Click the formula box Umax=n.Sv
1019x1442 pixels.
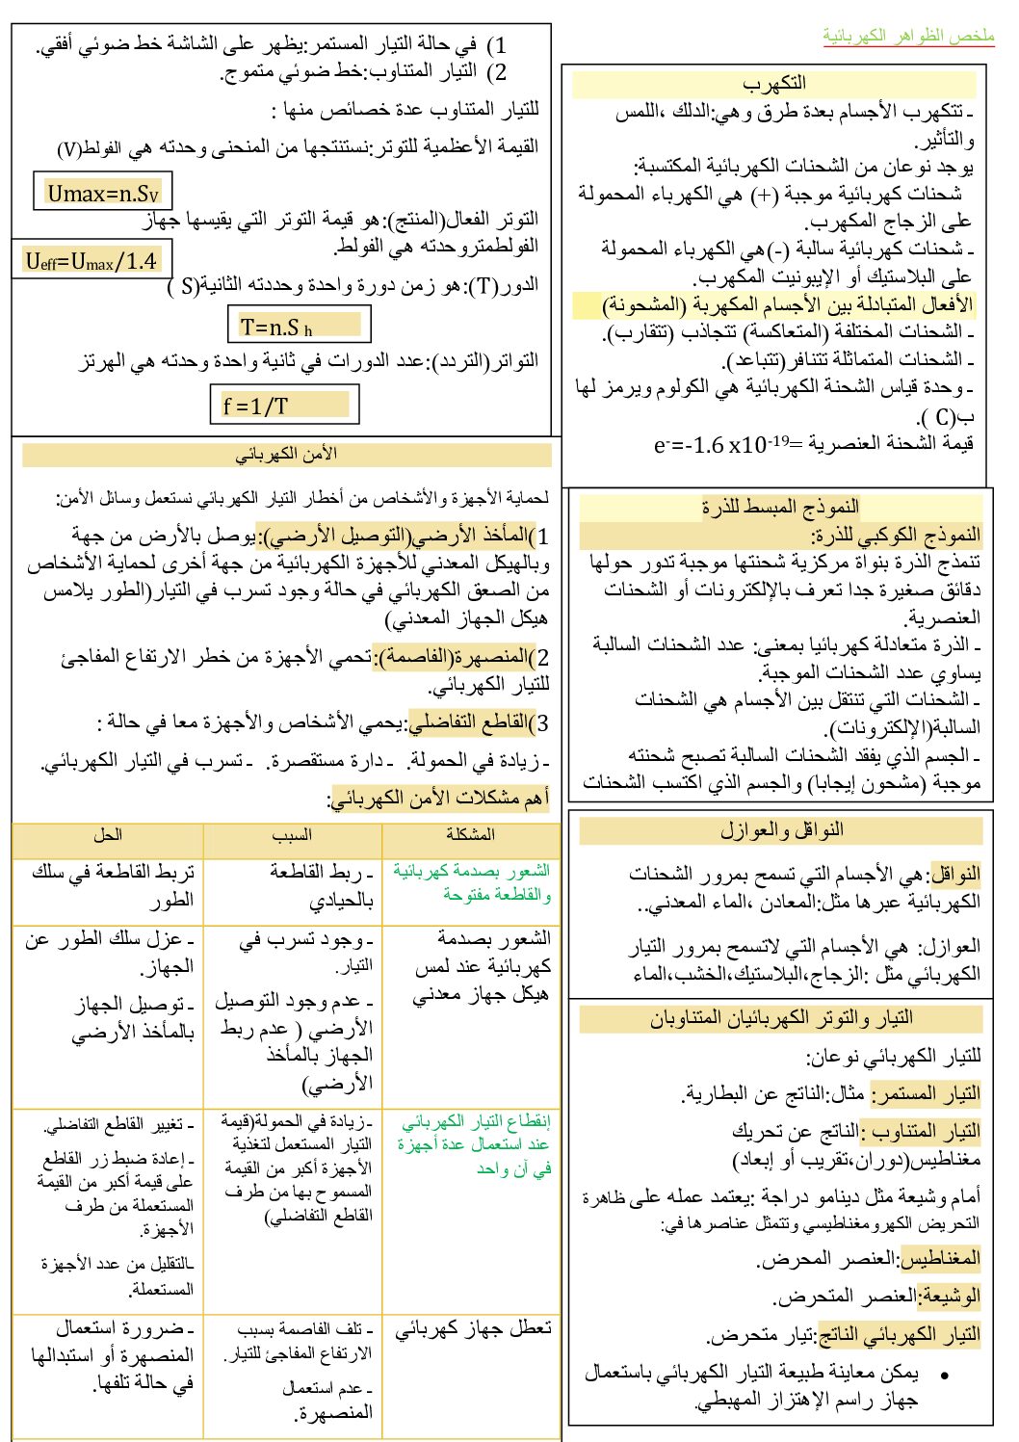pyautogui.click(x=103, y=193)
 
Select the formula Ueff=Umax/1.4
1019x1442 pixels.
pyautogui.click(x=91, y=260)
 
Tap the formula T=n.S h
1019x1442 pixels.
pyautogui.click(x=277, y=327)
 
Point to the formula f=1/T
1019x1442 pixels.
pyautogui.click(x=256, y=406)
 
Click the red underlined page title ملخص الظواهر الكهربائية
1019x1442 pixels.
pyautogui.click(x=908, y=36)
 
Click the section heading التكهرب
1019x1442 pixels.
pyautogui.click(x=774, y=83)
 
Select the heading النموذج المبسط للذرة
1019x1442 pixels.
pyautogui.click(x=780, y=507)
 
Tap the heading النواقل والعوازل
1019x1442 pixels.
pyautogui.click(x=781, y=829)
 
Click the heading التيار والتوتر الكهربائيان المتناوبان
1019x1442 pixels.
pyautogui.click(x=781, y=1018)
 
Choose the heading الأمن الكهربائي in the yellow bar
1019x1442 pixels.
pyautogui.click(x=287, y=454)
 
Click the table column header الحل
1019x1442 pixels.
pyautogui.click(x=108, y=834)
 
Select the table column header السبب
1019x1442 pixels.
pyautogui.click(x=292, y=834)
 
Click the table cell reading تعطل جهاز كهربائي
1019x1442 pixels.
pyautogui.click(x=473, y=1329)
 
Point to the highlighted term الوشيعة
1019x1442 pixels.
pyautogui.click(x=950, y=1297)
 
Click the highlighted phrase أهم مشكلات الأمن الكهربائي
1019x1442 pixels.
pyautogui.click(x=440, y=798)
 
